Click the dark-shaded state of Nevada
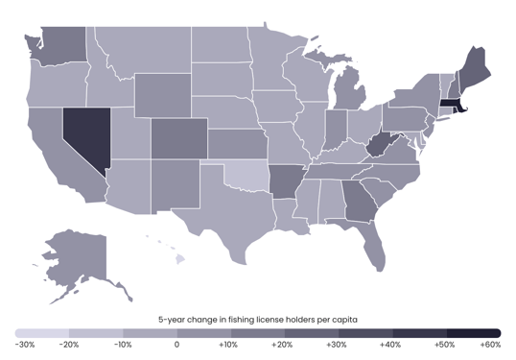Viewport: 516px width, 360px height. pyautogui.click(x=82, y=134)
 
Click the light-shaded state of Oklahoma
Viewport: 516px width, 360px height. pyautogui.click(x=244, y=178)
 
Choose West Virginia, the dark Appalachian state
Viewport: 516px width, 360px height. pyautogui.click(x=382, y=146)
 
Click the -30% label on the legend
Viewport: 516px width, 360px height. pyautogui.click(x=26, y=344)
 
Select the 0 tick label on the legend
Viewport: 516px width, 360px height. pyautogui.click(x=177, y=344)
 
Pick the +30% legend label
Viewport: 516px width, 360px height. pyautogui.click(x=336, y=344)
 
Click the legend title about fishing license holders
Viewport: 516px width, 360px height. pyautogui.click(x=258, y=319)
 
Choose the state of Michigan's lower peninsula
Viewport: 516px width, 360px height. pyautogui.click(x=347, y=101)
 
